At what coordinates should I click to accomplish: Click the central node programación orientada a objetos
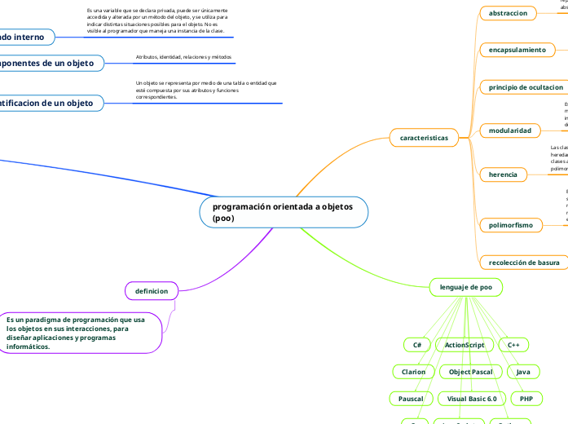point(284,212)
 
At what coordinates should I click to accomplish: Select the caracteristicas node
point(424,138)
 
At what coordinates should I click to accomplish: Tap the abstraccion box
point(509,13)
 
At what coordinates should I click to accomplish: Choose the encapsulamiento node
point(517,50)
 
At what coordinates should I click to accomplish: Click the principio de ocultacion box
point(526,87)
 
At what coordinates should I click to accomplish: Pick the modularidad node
point(510,130)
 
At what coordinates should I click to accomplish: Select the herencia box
point(503,174)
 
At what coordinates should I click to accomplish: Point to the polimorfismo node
point(511,224)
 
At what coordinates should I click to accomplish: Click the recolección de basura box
point(524,263)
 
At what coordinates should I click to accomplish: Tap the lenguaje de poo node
point(465,287)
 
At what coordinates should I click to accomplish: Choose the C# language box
point(417,345)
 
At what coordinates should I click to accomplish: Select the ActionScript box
point(465,345)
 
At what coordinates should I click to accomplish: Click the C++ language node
point(513,345)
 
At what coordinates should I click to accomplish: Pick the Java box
point(523,372)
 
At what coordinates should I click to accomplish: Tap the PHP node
point(526,399)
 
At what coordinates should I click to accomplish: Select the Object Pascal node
point(470,372)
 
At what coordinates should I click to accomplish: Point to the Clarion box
point(414,372)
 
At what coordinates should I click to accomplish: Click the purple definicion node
point(151,290)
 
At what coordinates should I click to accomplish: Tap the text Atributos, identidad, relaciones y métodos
point(183,57)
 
